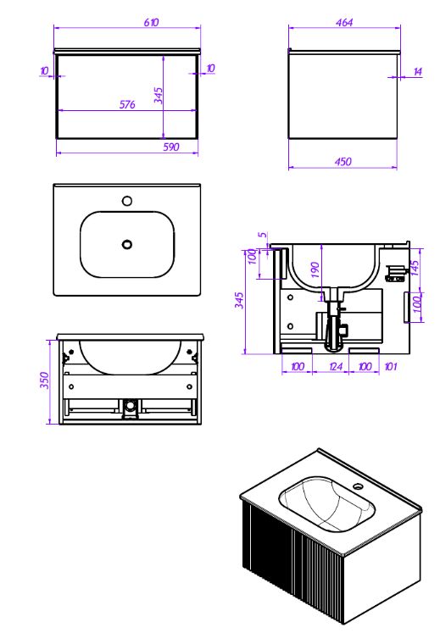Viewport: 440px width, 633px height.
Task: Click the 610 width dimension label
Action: pyautogui.click(x=151, y=22)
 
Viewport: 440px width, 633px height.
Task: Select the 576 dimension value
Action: pyautogui.click(x=127, y=104)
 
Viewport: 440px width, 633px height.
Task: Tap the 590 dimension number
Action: pyautogui.click(x=171, y=147)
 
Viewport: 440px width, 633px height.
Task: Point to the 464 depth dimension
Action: pyautogui.click(x=344, y=22)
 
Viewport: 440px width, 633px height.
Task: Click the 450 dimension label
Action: pyautogui.click(x=343, y=162)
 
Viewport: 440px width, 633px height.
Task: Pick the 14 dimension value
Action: pyautogui.click(x=418, y=72)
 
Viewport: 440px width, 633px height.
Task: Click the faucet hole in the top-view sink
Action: pyautogui.click(x=127, y=201)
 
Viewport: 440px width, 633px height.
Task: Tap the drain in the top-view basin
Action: pyautogui.click(x=127, y=244)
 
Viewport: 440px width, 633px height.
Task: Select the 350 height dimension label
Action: pyautogui.click(x=44, y=380)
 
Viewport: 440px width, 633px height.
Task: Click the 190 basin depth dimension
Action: pyautogui.click(x=315, y=269)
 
